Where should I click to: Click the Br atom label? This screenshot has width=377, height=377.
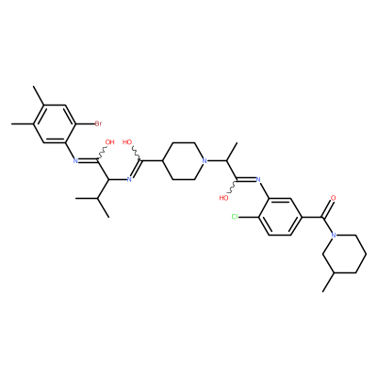[x=98, y=123]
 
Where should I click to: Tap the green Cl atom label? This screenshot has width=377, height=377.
[x=235, y=217]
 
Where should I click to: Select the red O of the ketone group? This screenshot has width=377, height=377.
[x=334, y=198]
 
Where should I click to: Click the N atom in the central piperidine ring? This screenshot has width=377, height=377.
[x=205, y=161]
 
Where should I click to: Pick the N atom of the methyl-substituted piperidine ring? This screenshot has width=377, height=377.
[x=334, y=235]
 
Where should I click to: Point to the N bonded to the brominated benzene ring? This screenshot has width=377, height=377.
[x=75, y=161]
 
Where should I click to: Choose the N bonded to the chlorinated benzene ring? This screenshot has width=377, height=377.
[x=258, y=180]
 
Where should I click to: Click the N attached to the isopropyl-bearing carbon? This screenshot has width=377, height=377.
[x=129, y=180]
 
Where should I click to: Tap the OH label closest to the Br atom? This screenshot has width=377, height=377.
[x=109, y=142]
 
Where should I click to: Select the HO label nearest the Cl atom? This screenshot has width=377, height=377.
[x=223, y=198]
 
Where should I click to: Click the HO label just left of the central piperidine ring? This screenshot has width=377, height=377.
[x=127, y=142]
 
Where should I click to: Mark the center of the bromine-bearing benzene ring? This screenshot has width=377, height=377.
[x=54, y=123]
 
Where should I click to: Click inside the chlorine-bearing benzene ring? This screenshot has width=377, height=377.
[x=280, y=217]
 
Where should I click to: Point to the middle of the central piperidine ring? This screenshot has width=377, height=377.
[x=183, y=161]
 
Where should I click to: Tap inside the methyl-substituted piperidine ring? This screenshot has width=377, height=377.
[x=344, y=254]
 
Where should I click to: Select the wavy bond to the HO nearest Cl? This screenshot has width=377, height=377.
[x=234, y=187]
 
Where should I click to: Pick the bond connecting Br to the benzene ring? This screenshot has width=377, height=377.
[x=85, y=123]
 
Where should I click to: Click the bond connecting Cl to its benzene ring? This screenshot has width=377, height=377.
[x=249, y=217]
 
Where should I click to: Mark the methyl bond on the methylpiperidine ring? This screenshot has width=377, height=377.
[x=328, y=282]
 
